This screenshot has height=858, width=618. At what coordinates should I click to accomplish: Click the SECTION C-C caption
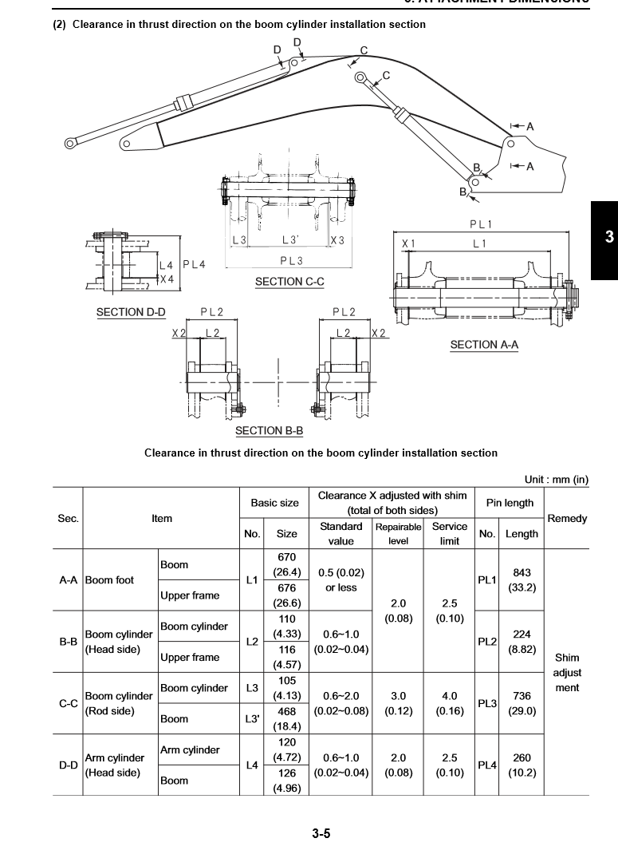click(x=289, y=282)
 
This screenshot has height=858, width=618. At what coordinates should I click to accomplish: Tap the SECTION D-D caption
click(x=131, y=312)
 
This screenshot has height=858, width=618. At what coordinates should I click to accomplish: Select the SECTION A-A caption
click(x=484, y=345)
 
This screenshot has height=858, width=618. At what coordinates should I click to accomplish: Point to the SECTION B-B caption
click(x=269, y=431)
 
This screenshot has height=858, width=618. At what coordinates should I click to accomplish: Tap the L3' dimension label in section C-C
click(x=291, y=239)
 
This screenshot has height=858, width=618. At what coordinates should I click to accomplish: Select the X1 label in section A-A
click(x=408, y=243)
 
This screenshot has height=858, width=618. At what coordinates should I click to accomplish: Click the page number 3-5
click(x=321, y=834)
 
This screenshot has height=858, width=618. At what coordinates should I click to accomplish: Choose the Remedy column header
click(x=567, y=519)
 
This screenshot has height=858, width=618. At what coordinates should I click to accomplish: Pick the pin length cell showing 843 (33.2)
click(x=522, y=580)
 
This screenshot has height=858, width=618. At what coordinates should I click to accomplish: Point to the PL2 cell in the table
click(x=486, y=642)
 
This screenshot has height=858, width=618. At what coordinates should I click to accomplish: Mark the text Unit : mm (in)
click(x=556, y=480)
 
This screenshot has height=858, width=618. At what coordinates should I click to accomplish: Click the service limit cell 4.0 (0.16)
click(x=450, y=703)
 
